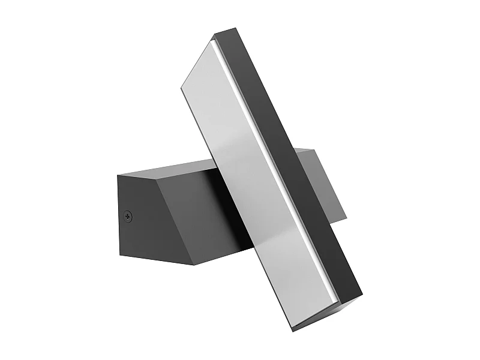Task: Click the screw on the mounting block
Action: point(128,217)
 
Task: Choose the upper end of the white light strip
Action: point(214,44)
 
